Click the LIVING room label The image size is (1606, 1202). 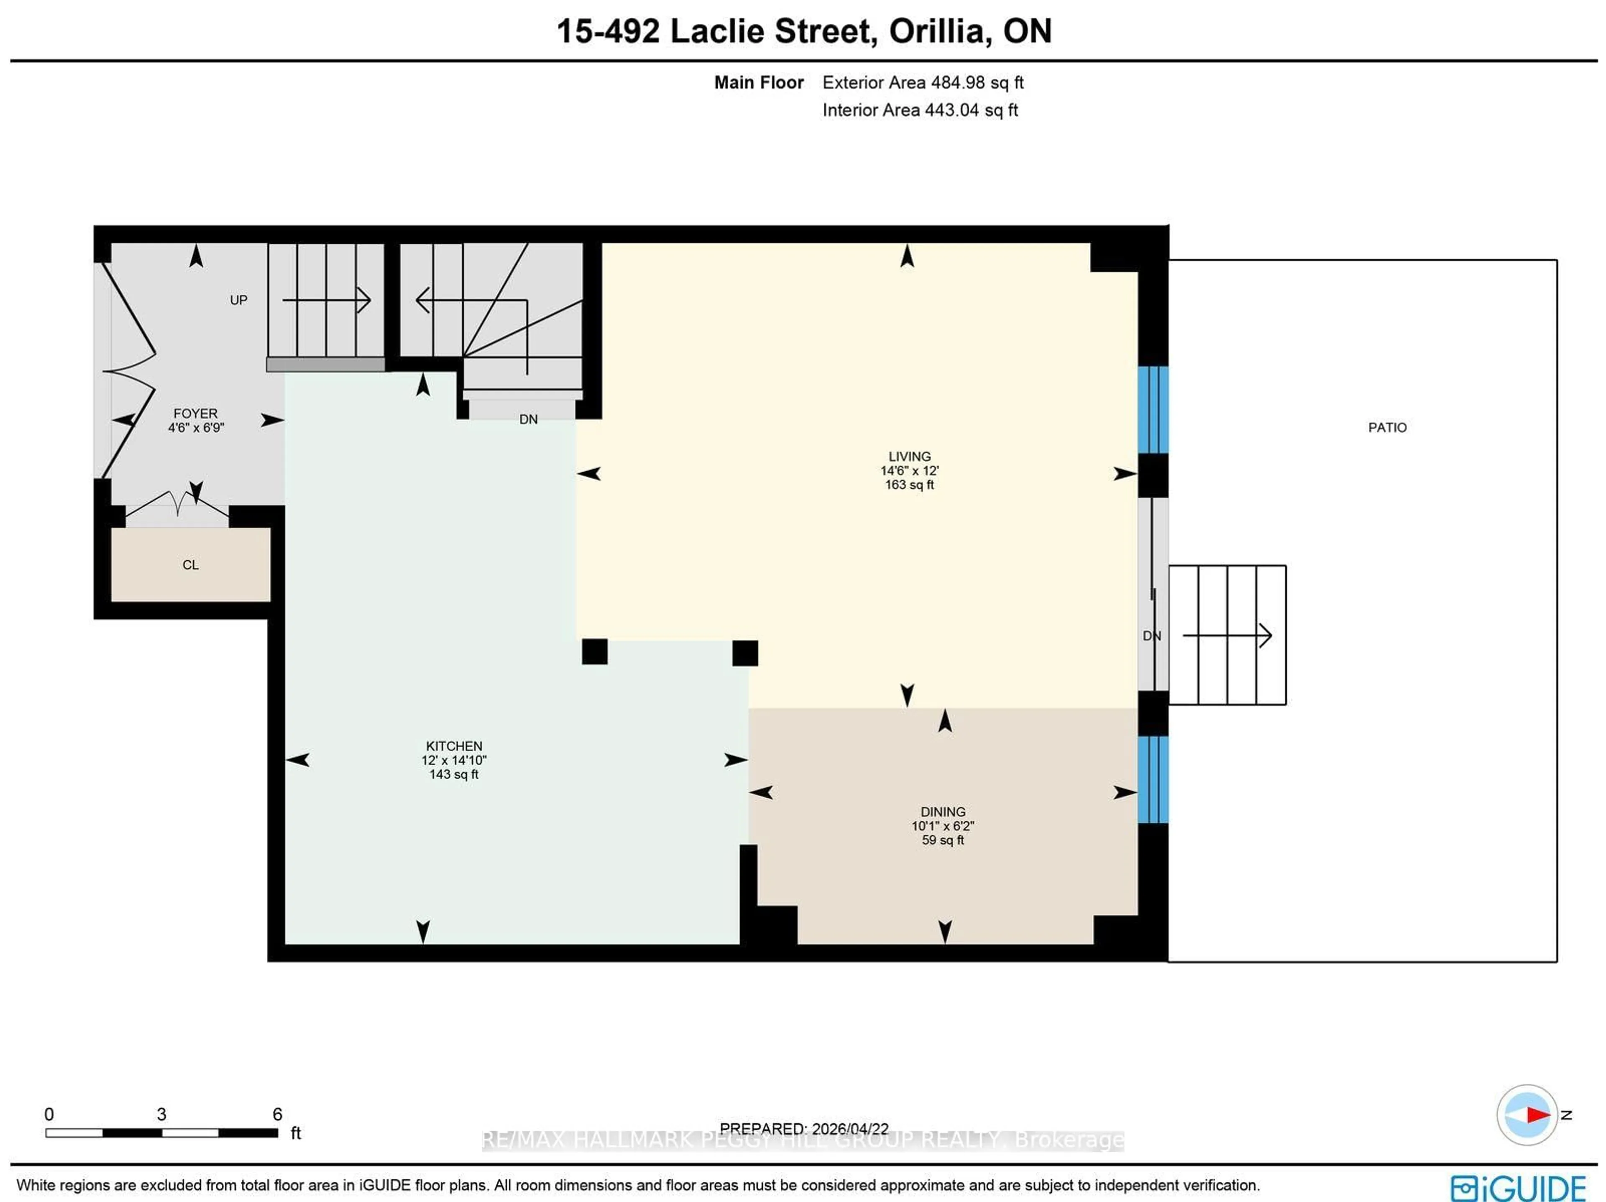909,457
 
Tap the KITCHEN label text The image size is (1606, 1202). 454,746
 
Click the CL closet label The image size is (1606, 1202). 190,565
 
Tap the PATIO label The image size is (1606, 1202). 1387,428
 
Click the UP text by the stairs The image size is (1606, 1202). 238,300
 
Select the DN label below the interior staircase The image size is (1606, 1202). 528,419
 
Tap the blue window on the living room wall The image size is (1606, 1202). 1152,410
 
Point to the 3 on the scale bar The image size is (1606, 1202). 161,1114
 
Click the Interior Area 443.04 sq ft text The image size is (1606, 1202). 919,110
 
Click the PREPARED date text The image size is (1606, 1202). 804,1129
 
